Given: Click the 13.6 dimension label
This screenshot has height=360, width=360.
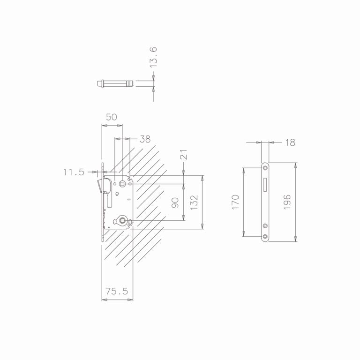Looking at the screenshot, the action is coord(153,57).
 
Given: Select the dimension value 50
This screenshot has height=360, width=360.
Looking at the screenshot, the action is coord(112,117).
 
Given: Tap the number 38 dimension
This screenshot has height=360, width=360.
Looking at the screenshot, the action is coord(145,139).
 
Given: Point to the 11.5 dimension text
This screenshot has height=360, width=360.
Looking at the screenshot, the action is coord(74,172).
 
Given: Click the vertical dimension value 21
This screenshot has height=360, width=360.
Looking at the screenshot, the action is coord(183,154).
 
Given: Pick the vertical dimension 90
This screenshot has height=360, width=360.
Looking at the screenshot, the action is coord(175,202).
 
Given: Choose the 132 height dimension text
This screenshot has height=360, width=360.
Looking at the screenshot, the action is coord(194,202).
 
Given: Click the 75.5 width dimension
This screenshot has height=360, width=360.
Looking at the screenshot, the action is coord(117,292).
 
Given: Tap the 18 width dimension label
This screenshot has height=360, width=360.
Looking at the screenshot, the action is coord(290,142).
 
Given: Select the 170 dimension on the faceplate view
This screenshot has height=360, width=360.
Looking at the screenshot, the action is coord(236,202).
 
